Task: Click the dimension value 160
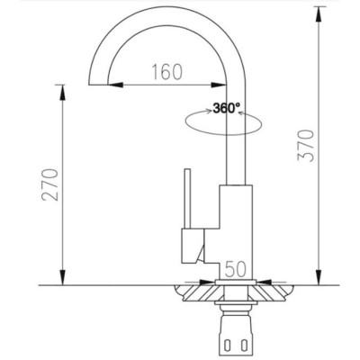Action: coord(166,72)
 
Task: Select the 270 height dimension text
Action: coord(50,184)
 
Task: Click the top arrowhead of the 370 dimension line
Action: coord(319,12)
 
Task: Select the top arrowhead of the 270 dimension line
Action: coord(64,88)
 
